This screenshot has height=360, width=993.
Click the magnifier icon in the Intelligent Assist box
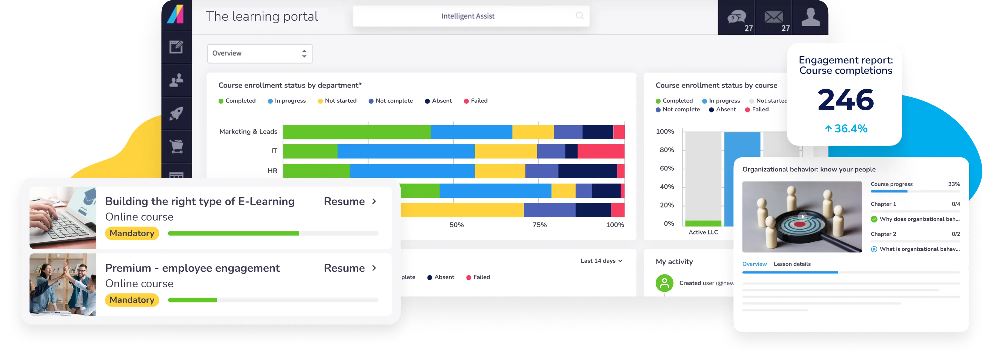[x=579, y=16]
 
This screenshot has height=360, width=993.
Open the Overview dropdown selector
[x=259, y=53]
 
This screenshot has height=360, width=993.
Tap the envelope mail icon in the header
[x=774, y=17]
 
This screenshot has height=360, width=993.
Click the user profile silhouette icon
[x=810, y=17]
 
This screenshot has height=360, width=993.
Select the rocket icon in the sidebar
[x=177, y=113]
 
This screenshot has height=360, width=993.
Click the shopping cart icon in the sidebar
[x=177, y=147]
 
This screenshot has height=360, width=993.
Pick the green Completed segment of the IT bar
[x=310, y=151]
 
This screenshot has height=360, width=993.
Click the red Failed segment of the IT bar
[x=601, y=151]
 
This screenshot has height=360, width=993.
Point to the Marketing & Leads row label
[x=248, y=131]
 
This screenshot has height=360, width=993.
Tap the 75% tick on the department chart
[x=539, y=225]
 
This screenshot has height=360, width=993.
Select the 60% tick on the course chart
[x=666, y=168]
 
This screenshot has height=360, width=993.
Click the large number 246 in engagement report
[x=845, y=100]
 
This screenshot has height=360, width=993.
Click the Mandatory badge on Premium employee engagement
[x=132, y=300]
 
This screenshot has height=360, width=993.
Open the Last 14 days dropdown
[x=601, y=261]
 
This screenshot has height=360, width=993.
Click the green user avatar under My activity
[x=664, y=283]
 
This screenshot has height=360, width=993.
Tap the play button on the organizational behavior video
[x=802, y=216]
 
